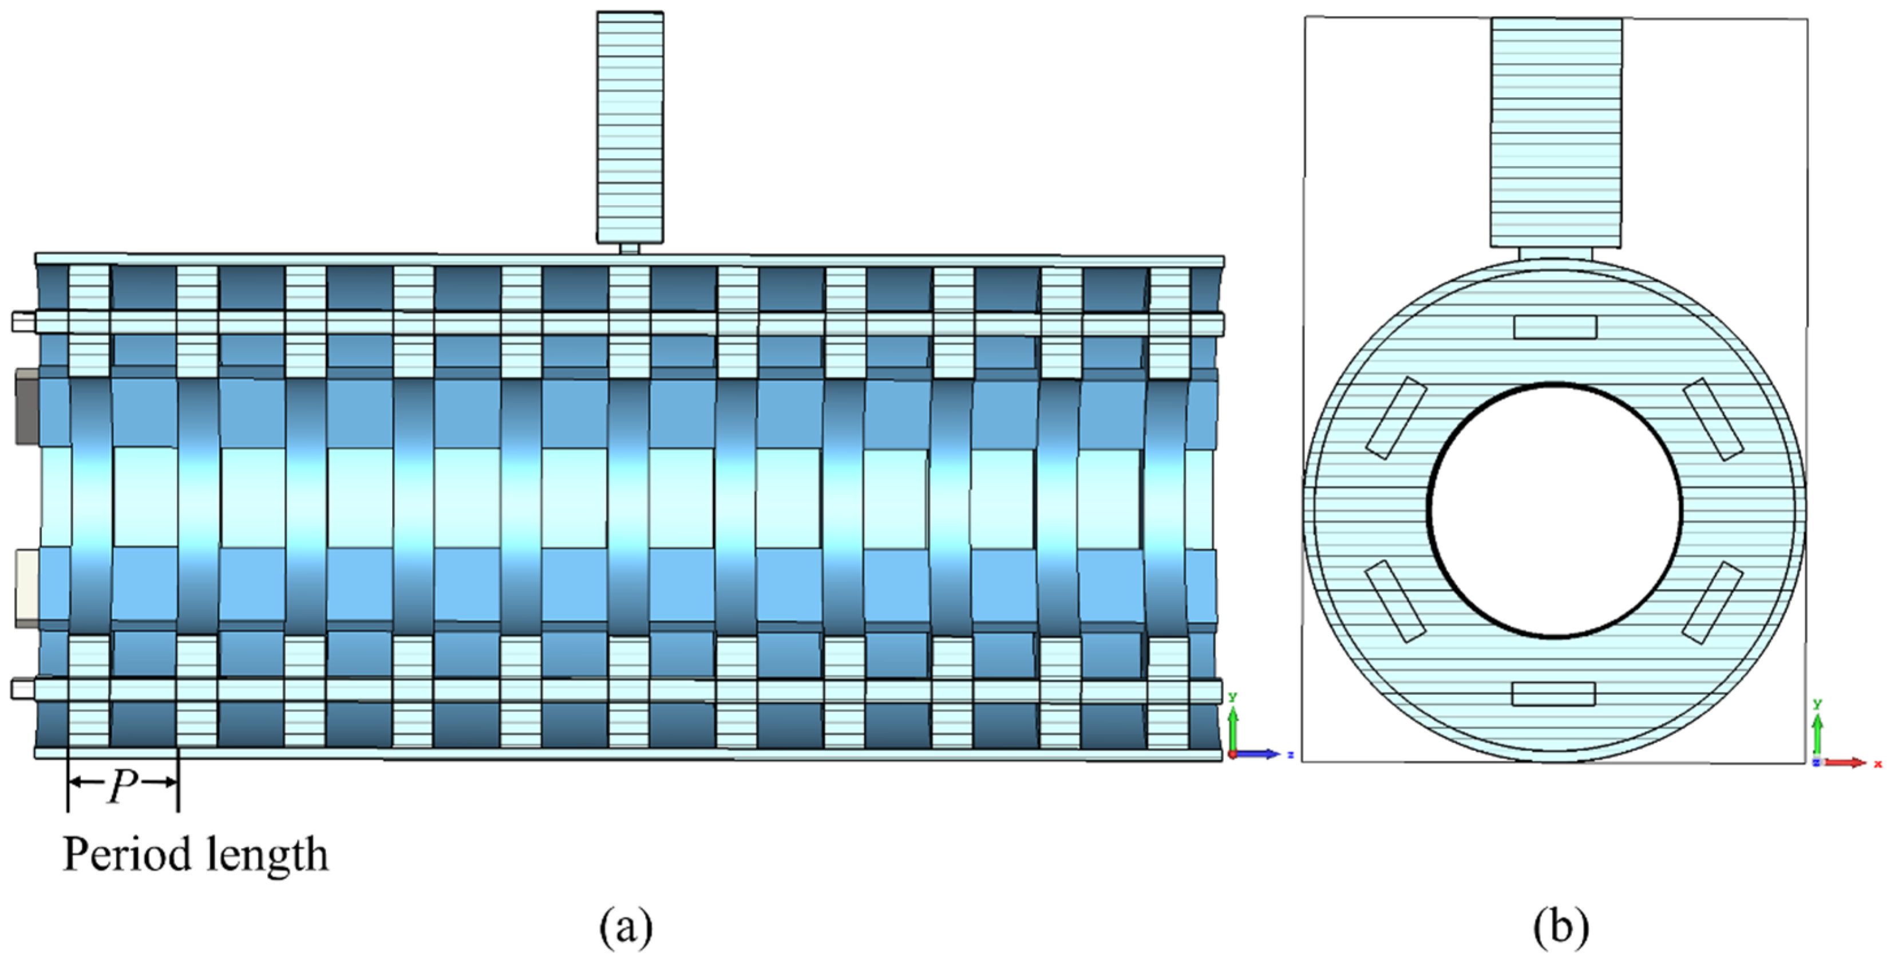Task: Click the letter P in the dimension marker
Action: pos(122,789)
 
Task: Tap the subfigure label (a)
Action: pos(625,928)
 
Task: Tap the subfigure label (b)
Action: pos(1560,928)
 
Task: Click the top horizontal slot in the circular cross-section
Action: pos(1555,327)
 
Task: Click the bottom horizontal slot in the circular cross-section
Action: pos(1553,694)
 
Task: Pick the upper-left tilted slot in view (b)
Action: pos(1396,418)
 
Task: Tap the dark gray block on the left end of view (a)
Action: pos(27,407)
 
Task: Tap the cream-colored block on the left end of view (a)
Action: pos(26,587)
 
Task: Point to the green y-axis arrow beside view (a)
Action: pos(1233,727)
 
